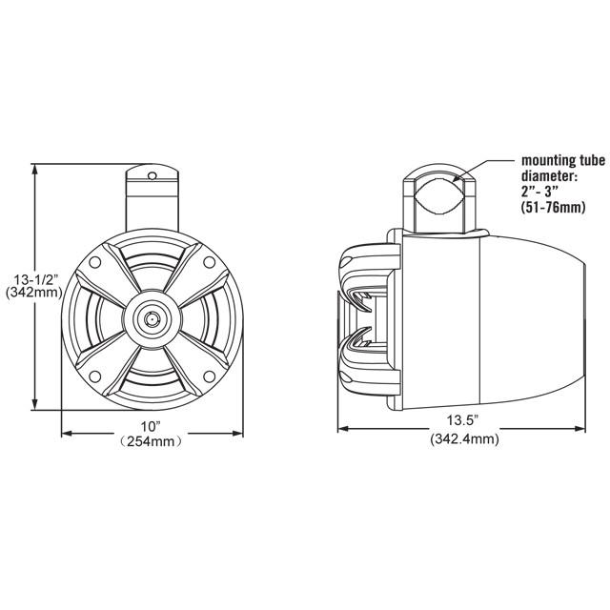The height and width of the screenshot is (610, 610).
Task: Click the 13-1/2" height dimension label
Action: pos(34,278)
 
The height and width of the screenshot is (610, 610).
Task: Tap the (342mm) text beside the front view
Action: pos(34,294)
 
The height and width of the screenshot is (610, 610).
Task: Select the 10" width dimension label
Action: pos(152,424)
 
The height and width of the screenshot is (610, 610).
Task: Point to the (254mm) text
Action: pos(152,441)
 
